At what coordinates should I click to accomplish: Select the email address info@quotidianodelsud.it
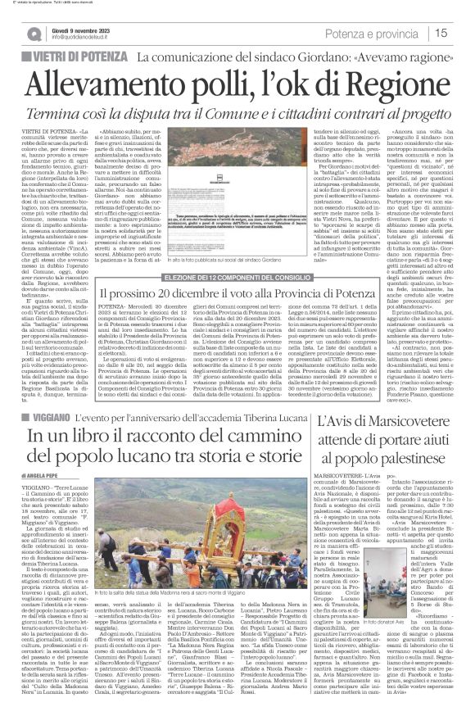tap(84, 37)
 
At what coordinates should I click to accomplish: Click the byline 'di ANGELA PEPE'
tap(42, 496)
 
